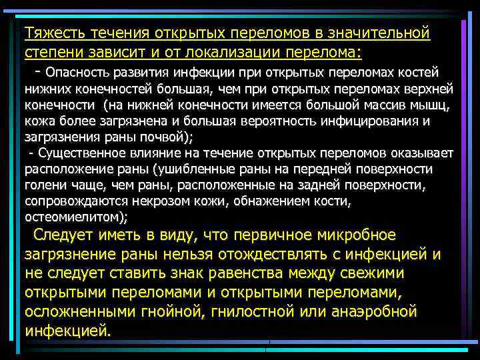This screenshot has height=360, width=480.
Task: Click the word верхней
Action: pos(432,89)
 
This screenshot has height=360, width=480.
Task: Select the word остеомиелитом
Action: pos(75,217)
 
